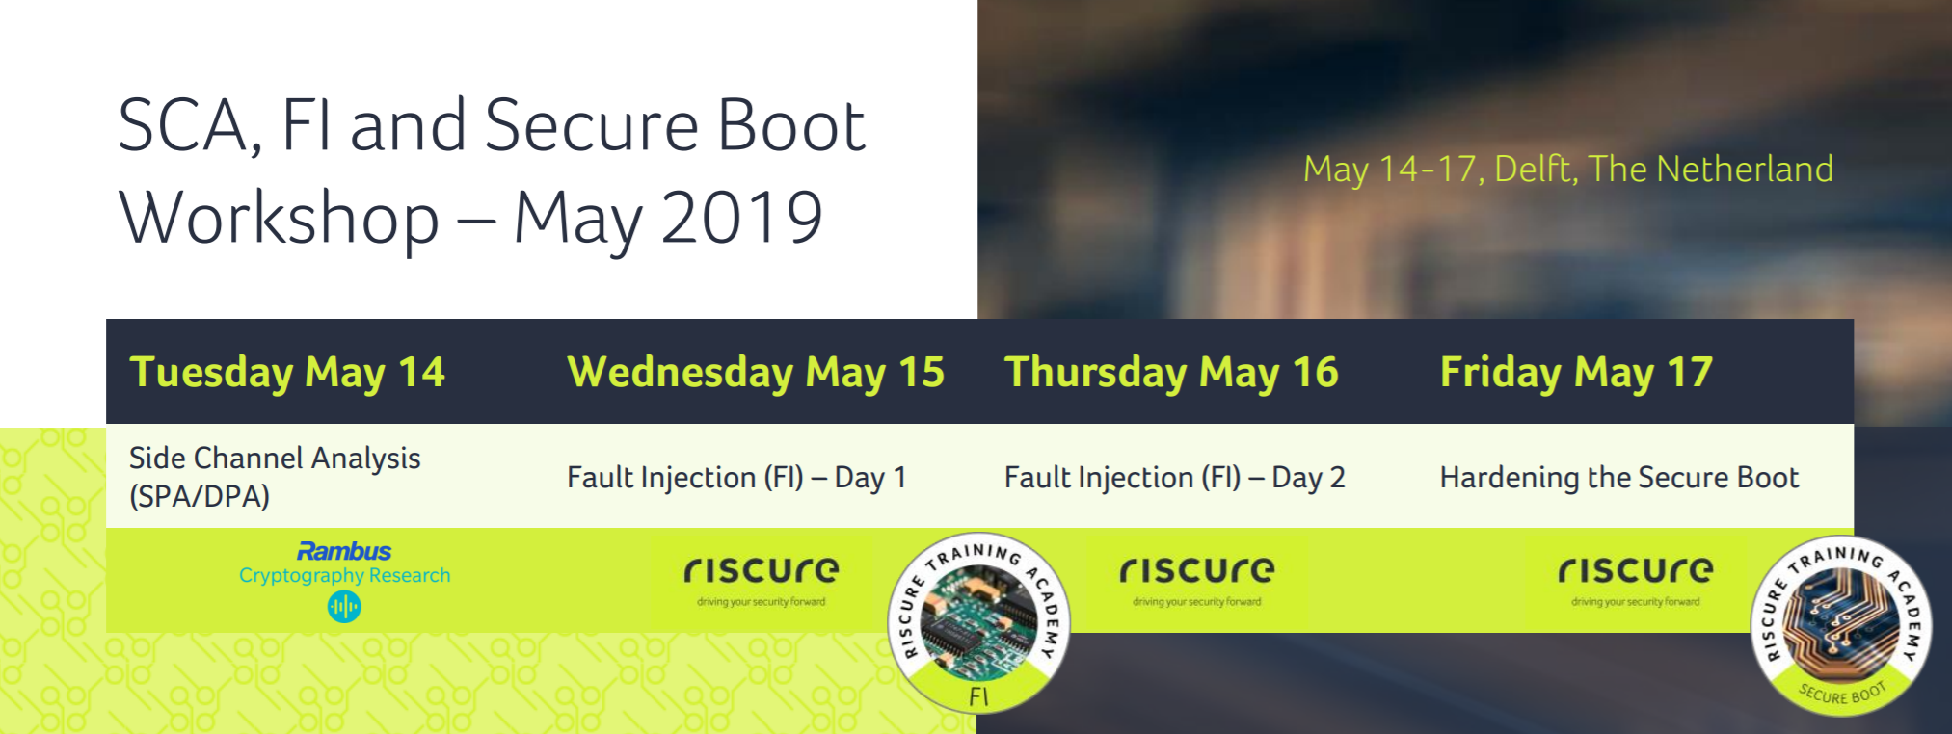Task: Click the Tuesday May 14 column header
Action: [287, 373]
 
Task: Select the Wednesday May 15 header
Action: [756, 373]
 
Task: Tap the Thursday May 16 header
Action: [1171, 373]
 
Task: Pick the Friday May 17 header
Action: [1576, 373]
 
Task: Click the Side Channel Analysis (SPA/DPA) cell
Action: [275, 477]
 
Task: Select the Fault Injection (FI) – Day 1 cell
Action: [736, 478]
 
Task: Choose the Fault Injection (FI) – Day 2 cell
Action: [1174, 478]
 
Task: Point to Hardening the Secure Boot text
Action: [1619, 478]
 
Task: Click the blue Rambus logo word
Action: [344, 551]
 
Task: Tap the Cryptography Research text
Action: [344, 575]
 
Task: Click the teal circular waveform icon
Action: [344, 606]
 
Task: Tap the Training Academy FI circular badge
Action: [978, 623]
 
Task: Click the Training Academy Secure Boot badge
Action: [1841, 626]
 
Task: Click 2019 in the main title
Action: [742, 217]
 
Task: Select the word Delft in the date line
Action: [1536, 170]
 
